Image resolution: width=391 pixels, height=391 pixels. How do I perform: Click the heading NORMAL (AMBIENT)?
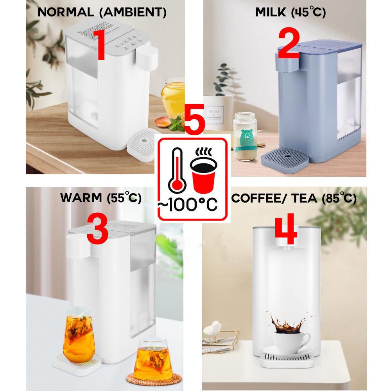tap(102, 13)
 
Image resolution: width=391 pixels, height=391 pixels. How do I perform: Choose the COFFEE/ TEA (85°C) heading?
tap(294, 198)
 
